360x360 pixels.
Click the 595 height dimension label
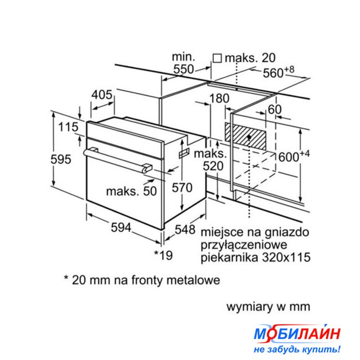[61, 159]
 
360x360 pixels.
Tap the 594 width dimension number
[121, 227]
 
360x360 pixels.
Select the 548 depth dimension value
[185, 229]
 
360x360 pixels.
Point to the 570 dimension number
[182, 187]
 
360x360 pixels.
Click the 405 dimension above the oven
[102, 94]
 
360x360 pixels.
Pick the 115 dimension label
[68, 127]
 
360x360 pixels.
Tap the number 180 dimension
[219, 98]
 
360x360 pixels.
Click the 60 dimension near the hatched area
[274, 109]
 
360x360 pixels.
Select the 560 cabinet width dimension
[278, 72]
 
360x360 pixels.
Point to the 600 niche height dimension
[294, 156]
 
